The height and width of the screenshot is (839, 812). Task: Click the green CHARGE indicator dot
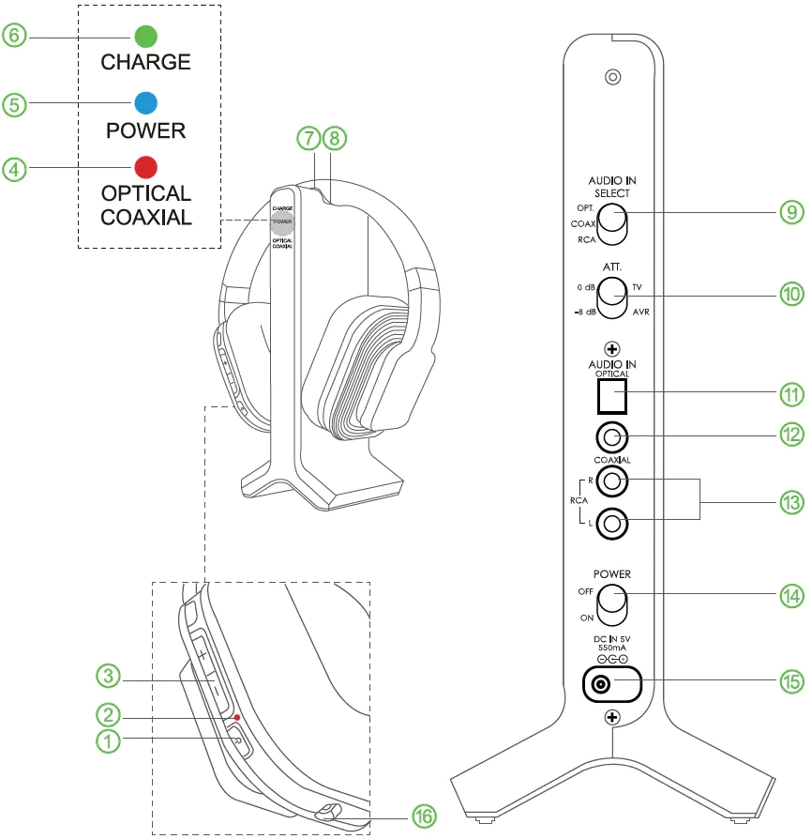(x=145, y=37)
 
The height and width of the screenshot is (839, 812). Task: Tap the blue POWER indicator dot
(x=145, y=102)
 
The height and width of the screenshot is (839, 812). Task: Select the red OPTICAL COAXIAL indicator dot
(x=145, y=168)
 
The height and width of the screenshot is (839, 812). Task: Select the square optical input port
(x=612, y=395)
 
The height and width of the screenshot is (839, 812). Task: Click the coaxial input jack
(x=612, y=437)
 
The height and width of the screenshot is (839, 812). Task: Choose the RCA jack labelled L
(x=612, y=524)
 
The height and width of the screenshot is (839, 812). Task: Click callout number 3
(x=110, y=675)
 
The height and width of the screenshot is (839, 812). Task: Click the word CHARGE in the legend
(x=145, y=64)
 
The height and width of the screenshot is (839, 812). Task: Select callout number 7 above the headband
(x=308, y=138)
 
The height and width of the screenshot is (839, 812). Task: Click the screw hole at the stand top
(x=612, y=77)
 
